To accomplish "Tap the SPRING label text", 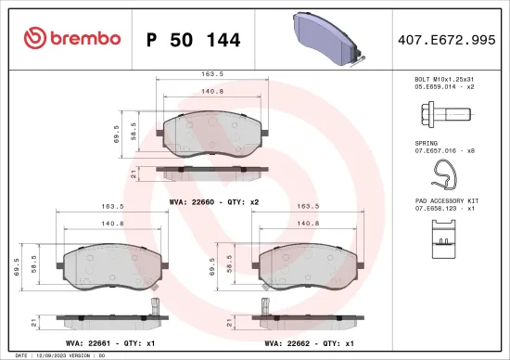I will pos(426,144).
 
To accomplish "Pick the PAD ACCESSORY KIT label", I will pos(448,199).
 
